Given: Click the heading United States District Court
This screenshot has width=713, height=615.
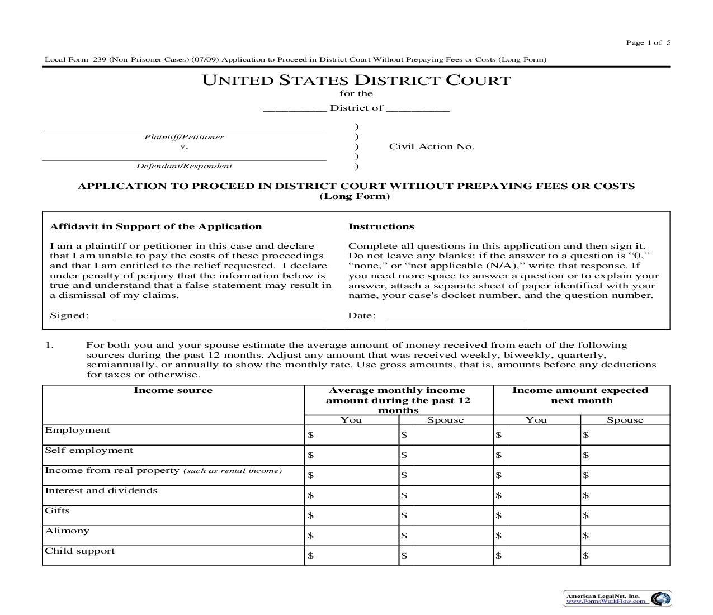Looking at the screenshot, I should click(356, 81).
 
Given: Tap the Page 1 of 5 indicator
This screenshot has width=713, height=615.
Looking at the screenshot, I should click(648, 42).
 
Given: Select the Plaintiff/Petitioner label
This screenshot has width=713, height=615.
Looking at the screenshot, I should click(184, 137).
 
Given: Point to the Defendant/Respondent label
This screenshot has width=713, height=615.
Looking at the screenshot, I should click(184, 166).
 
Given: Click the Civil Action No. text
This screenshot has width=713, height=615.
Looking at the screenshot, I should click(432, 146).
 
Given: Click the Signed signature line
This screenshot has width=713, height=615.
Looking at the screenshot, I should click(219, 316).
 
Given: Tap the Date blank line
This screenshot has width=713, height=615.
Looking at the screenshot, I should click(457, 316).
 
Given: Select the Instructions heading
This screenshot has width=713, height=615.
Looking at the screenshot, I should click(381, 226).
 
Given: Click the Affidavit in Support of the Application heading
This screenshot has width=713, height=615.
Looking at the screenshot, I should click(155, 226).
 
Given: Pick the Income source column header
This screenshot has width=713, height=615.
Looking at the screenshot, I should click(173, 390).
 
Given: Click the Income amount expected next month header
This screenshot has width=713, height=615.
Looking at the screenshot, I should click(580, 395).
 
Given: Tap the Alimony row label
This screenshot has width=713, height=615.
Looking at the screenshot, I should click(67, 531).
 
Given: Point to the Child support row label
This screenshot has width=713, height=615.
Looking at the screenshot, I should click(79, 551).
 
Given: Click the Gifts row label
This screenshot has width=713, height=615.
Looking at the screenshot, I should click(57, 510).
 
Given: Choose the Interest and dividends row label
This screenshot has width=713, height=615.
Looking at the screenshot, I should click(101, 490).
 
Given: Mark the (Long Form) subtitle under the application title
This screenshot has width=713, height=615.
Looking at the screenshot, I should click(355, 196).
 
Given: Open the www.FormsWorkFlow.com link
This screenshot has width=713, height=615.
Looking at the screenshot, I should click(606, 602).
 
